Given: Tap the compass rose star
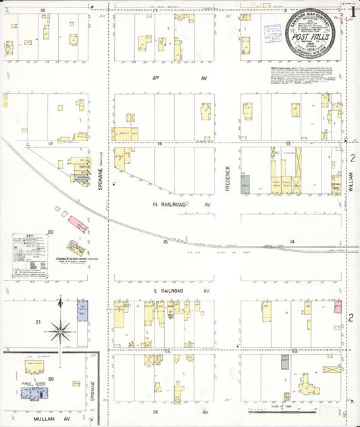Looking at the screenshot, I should [x=61, y=330].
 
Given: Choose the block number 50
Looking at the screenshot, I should [x=50, y=380].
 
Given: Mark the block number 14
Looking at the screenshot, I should [x=292, y=241].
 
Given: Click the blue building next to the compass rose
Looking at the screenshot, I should [x=82, y=310].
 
